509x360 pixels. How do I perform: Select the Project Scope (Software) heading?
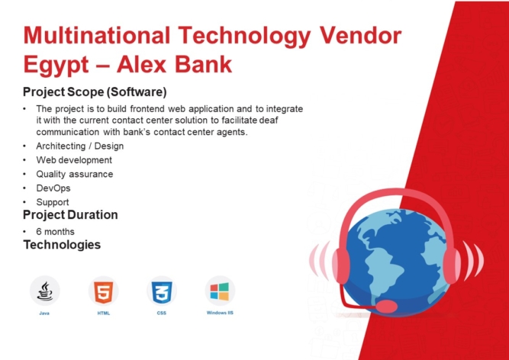point(95,92)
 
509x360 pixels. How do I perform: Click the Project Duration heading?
point(70,214)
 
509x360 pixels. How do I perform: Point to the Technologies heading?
point(62,245)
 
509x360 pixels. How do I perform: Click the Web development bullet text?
point(74,160)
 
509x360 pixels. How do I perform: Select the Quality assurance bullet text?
point(75,174)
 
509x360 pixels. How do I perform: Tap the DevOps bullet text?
point(53,188)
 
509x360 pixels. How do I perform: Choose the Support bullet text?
point(53,202)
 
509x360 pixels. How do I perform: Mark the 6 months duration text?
point(56,231)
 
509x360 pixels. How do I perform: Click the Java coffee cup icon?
point(46,291)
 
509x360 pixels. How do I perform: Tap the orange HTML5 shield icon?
point(104,291)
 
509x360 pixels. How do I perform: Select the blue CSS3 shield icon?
point(161,291)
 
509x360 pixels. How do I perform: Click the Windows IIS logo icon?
point(220,291)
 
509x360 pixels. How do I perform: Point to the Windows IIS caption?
point(220,313)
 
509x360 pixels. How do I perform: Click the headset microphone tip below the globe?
point(388,306)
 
